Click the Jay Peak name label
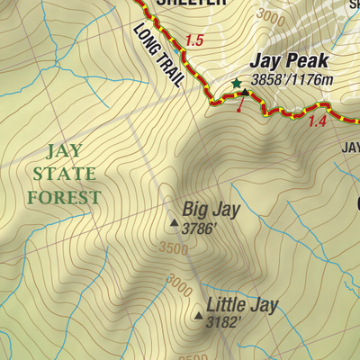pos(290,62)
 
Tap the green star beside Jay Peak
pos(237,83)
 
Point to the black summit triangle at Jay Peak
pos(245,91)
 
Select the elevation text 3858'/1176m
pos(292,81)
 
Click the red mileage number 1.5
pos(194,40)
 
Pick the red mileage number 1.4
pos(316,121)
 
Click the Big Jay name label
pos(211,210)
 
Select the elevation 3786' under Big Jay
pos(200,229)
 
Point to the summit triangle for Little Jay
pos(198,315)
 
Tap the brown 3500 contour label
pos(173,248)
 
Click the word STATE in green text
pos(63,172)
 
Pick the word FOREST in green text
pos(63,196)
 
